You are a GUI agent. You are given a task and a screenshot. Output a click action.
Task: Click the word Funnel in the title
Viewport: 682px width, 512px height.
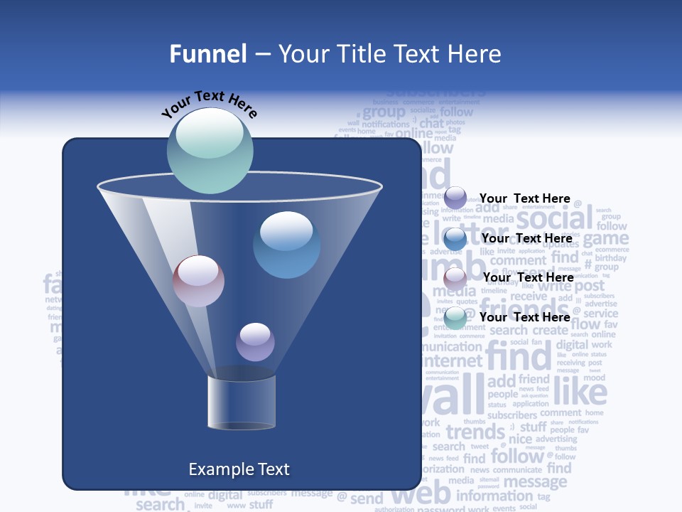pos(208,54)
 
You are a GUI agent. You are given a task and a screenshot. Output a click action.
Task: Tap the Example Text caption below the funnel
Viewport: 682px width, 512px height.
pos(239,469)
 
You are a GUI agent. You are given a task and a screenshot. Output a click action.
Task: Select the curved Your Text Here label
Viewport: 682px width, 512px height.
pos(209,105)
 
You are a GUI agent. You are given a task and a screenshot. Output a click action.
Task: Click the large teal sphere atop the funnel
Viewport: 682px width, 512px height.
pos(210,150)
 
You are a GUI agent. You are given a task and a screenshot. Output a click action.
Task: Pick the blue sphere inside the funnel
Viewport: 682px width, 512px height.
pos(286,245)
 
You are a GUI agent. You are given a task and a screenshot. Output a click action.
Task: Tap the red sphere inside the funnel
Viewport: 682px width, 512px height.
pos(198,281)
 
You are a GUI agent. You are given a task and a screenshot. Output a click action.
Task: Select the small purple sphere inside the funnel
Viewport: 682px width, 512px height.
pos(255,341)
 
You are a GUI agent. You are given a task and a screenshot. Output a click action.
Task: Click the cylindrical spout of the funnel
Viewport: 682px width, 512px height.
pos(242,402)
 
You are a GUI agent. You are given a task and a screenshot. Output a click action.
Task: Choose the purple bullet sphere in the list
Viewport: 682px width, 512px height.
pos(455,198)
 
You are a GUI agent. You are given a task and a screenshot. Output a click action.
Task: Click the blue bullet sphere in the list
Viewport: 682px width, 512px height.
pos(455,238)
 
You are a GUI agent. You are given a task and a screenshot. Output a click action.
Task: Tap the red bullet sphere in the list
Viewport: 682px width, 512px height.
pos(455,277)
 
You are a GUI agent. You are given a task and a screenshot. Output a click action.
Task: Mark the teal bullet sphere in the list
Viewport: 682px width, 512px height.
pos(455,317)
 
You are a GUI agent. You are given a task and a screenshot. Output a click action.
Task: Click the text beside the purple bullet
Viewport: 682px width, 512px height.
pos(524,198)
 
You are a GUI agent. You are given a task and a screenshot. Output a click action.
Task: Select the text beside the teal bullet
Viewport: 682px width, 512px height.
pos(524,317)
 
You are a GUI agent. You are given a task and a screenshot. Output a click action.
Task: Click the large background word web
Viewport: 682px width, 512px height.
pos(421,492)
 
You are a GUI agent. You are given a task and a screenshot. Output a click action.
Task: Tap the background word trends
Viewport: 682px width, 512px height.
pos(475,432)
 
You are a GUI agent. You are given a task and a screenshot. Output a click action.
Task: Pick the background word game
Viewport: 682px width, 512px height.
pos(606,238)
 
